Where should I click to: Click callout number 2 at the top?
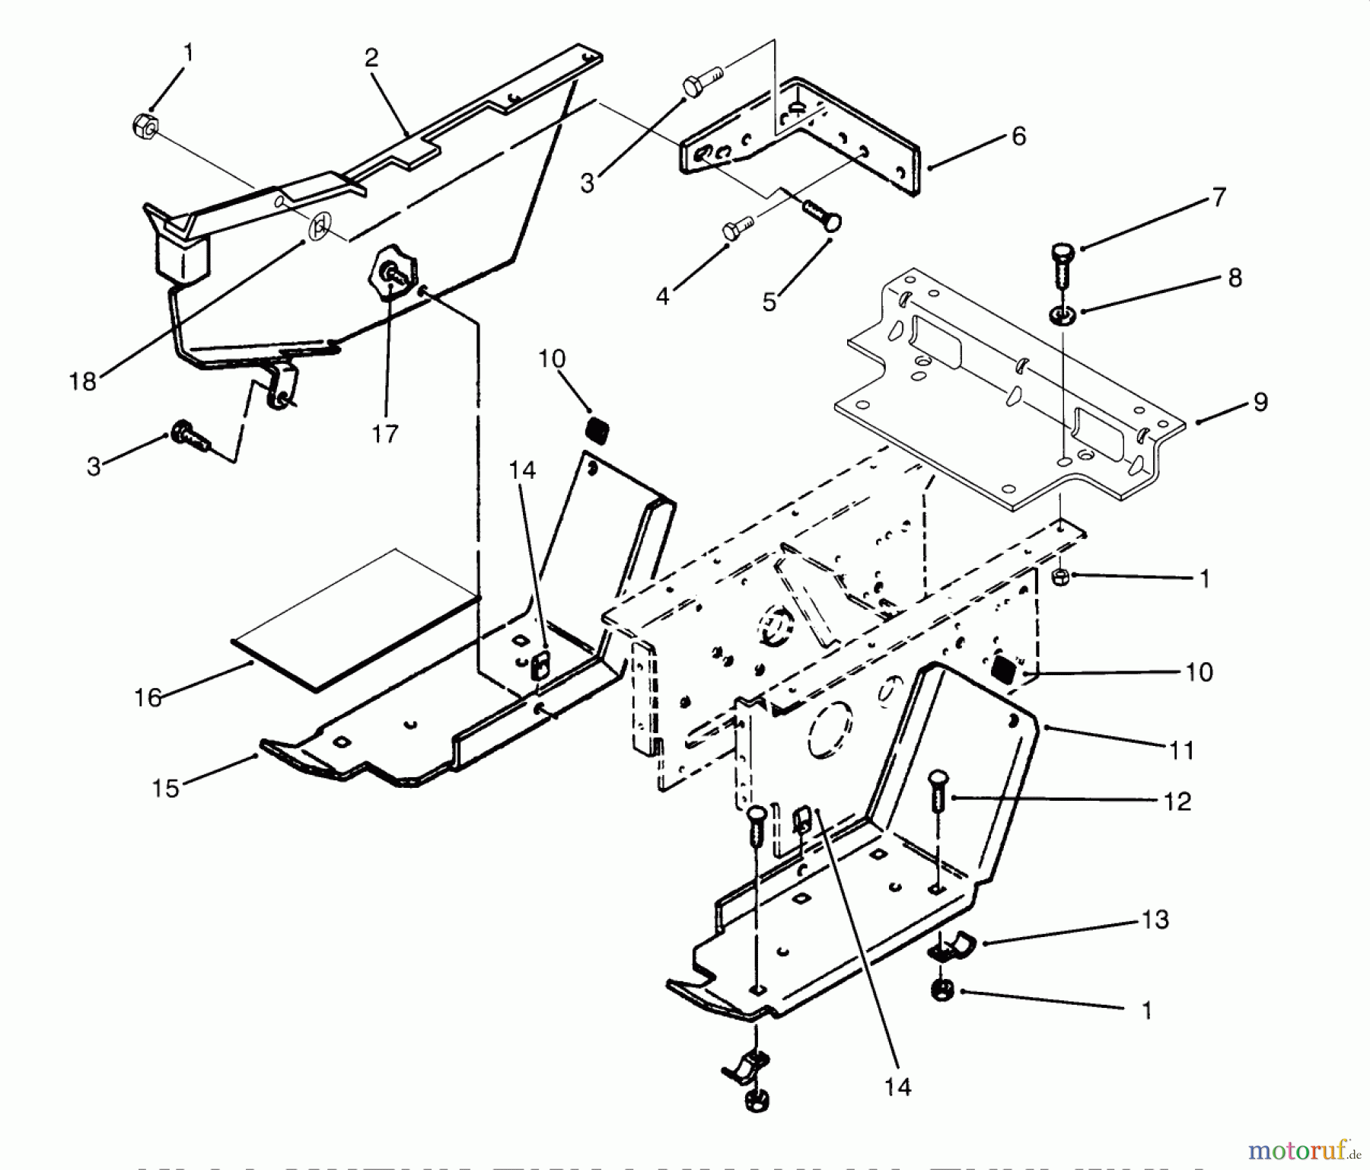(371, 59)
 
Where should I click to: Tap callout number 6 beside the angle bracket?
(1018, 137)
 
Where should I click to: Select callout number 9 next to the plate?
(1260, 403)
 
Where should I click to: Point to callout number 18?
(82, 381)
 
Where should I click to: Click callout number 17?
(385, 435)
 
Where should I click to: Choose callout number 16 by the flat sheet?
(148, 698)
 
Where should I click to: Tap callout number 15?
(165, 789)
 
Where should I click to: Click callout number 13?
(1155, 920)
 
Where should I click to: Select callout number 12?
(1177, 802)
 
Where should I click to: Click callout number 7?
(1219, 198)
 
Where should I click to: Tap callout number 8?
(1235, 279)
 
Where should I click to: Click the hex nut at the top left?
(145, 125)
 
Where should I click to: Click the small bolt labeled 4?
(735, 227)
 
